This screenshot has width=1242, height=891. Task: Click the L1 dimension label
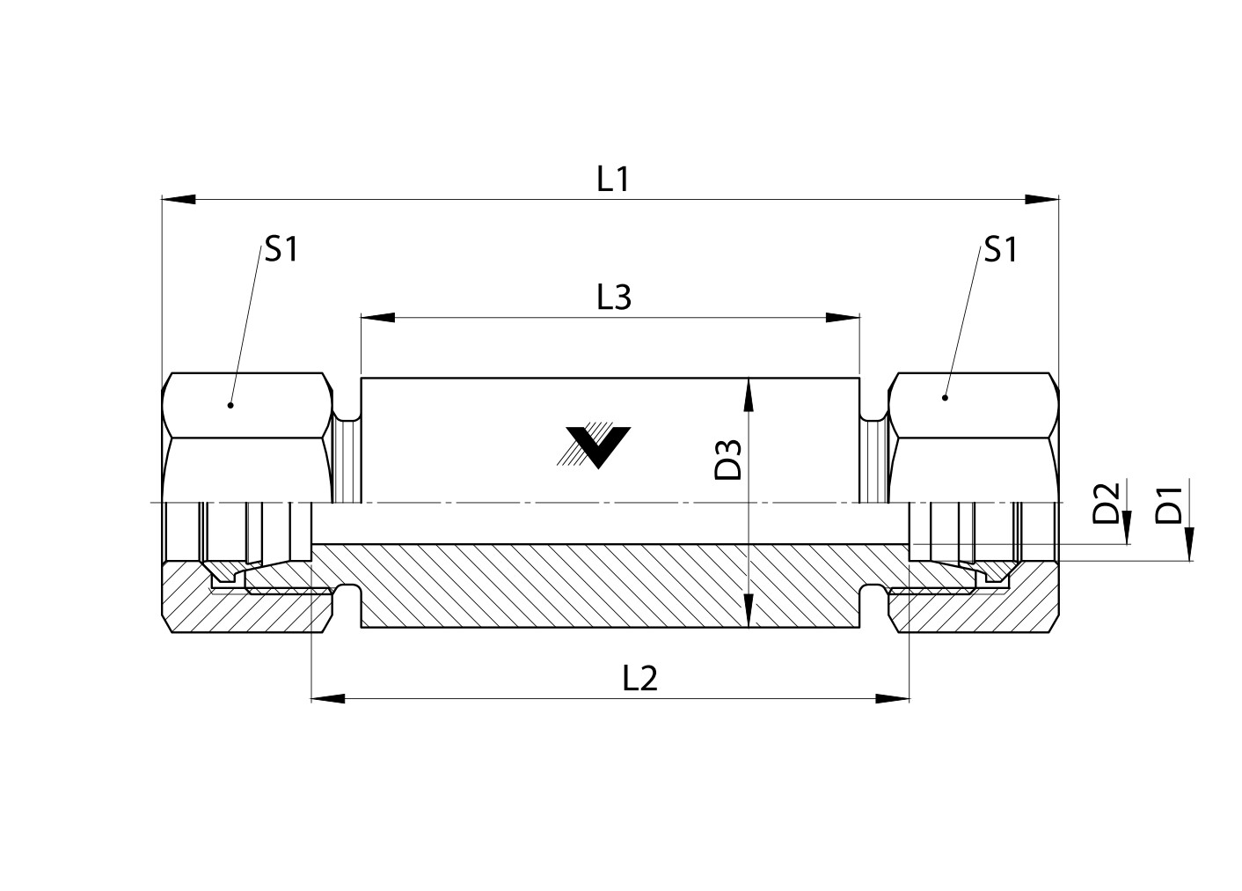point(613,180)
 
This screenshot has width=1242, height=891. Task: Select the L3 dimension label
point(614,298)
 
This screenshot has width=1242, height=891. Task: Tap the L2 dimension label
point(639,679)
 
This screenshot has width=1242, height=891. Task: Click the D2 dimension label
point(1106,504)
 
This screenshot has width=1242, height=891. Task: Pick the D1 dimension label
point(1168,505)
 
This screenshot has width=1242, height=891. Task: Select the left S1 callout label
point(281,249)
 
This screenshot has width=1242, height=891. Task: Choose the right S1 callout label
point(1000,249)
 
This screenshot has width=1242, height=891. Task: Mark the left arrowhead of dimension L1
point(179,199)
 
